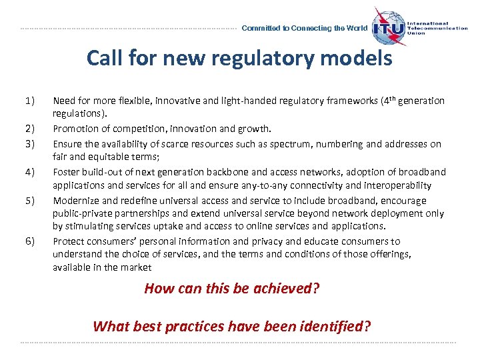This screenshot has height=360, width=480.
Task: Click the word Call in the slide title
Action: (104, 59)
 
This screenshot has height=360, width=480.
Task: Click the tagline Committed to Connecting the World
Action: (304, 29)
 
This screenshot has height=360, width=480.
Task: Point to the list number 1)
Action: (29, 101)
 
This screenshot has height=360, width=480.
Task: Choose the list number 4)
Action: (29, 172)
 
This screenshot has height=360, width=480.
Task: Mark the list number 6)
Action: (29, 241)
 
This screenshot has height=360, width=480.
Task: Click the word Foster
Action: (66, 172)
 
